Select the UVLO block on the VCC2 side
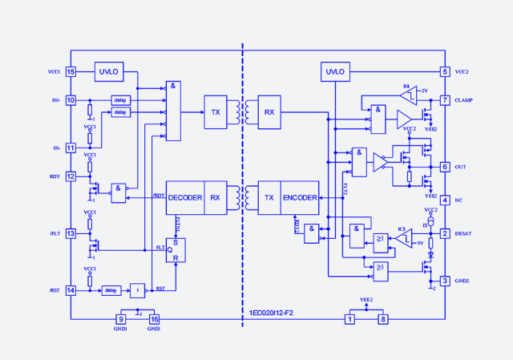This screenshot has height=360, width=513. click(335, 72)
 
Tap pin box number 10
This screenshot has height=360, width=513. click(71, 100)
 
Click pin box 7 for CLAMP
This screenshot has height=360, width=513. click(445, 100)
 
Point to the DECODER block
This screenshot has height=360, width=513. click(185, 197)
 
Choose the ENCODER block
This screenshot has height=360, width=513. click(300, 197)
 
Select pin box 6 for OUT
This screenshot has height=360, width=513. click(445, 167)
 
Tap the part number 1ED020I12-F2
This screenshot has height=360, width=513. click(272, 312)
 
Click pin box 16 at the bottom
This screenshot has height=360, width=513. click(155, 319)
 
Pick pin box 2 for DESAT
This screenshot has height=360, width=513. click(445, 233)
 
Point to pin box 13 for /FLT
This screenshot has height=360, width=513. click(71, 233)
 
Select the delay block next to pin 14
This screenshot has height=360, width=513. click(111, 290)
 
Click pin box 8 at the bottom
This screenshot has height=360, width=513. click(383, 319)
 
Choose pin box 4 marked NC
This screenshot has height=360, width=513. click(445, 200)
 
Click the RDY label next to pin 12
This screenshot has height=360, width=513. click(55, 176)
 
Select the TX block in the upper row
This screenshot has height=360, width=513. click(216, 112)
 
